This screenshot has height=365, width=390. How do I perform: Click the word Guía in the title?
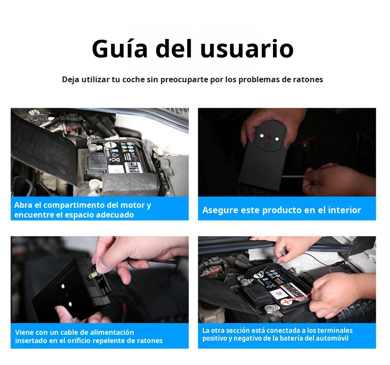[120, 49]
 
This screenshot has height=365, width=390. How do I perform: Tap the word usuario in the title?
[247, 49]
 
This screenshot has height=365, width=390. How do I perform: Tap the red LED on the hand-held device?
[269, 137]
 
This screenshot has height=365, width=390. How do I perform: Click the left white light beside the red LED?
[261, 136]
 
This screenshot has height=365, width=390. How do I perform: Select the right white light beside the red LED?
[277, 139]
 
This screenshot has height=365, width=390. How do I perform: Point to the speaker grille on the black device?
[262, 172]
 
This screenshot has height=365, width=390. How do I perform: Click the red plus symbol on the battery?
[286, 302]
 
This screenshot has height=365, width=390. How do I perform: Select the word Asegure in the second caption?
[218, 210]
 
